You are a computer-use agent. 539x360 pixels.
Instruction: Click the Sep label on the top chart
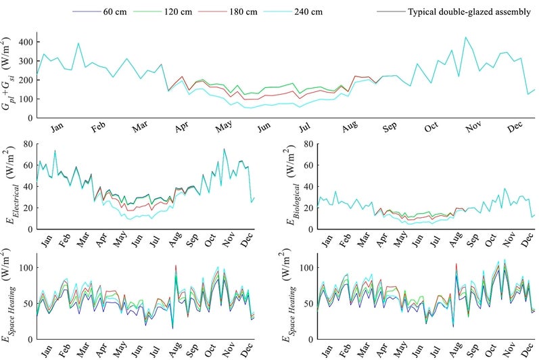click(x=392, y=126)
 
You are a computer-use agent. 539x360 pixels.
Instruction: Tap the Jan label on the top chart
click(x=58, y=126)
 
